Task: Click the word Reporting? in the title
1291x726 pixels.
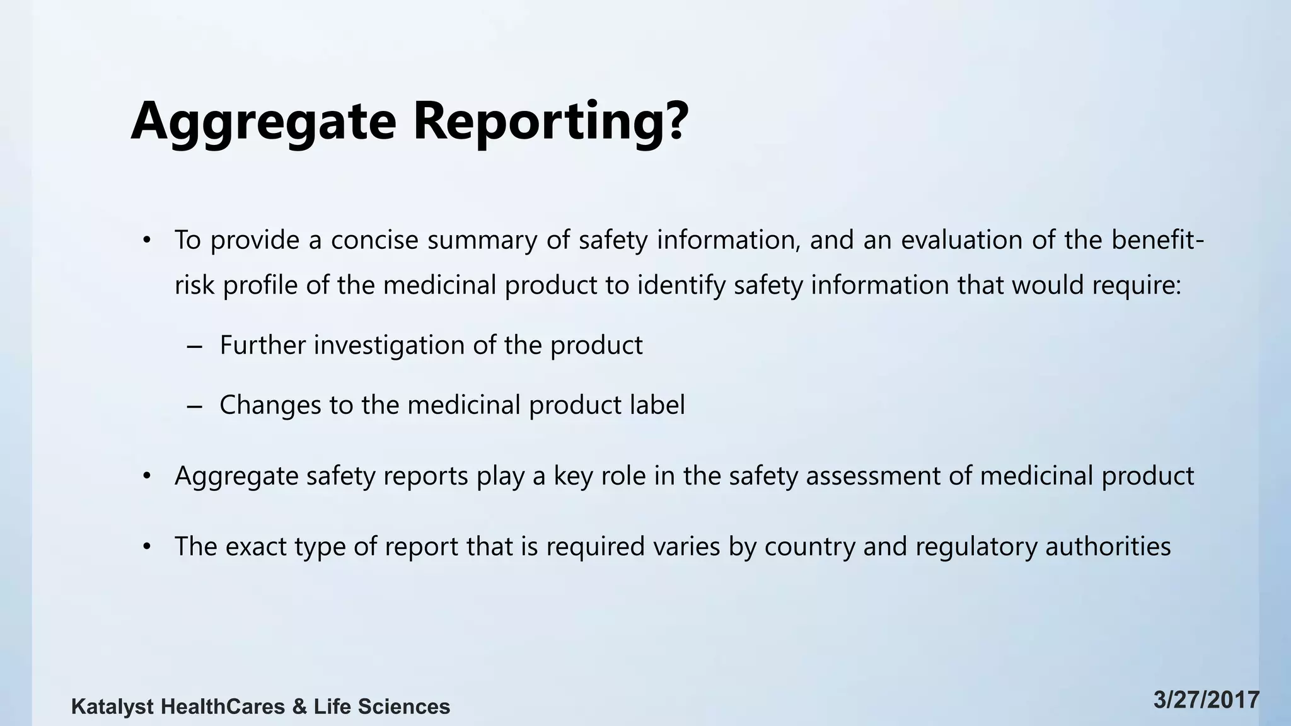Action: click(550, 122)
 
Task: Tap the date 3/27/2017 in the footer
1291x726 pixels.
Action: click(1207, 701)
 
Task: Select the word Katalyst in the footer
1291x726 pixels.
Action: click(112, 707)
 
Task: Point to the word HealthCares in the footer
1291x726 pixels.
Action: click(223, 706)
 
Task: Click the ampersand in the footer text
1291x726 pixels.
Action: click(299, 706)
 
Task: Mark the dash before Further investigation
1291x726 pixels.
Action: click(195, 346)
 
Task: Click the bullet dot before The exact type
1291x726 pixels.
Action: click(147, 546)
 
